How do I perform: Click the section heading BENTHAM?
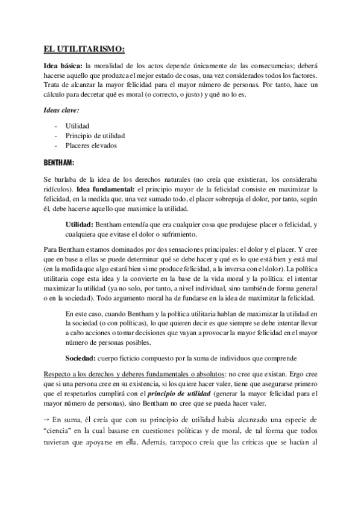click(x=59, y=163)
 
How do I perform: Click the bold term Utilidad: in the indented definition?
click(x=82, y=224)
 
